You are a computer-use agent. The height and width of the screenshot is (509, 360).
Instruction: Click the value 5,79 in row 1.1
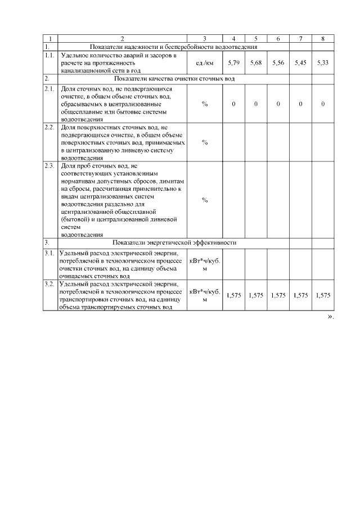(x=233, y=63)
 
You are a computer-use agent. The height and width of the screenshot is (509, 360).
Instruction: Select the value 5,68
(x=255, y=63)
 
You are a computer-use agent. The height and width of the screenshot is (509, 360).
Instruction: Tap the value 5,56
(x=278, y=63)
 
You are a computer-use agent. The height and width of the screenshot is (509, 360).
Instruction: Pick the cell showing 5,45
(x=300, y=63)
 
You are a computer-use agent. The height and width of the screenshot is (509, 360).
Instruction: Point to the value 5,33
(x=322, y=63)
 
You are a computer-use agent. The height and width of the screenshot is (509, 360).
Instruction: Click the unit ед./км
(x=205, y=63)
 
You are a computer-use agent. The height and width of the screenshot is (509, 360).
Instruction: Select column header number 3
(x=205, y=39)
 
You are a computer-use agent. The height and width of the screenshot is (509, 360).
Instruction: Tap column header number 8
(x=322, y=39)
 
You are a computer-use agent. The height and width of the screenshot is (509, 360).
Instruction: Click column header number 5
(x=255, y=39)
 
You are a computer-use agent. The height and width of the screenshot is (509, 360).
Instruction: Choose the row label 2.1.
(x=49, y=89)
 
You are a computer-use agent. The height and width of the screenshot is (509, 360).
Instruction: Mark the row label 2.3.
(x=49, y=166)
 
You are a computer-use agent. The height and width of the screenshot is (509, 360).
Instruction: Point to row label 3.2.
(x=49, y=285)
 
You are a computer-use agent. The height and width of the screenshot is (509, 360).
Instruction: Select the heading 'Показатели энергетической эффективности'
(x=174, y=242)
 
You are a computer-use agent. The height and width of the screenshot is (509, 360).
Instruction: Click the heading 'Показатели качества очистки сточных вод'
(x=174, y=79)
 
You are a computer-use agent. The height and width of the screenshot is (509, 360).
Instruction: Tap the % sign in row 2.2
(x=205, y=143)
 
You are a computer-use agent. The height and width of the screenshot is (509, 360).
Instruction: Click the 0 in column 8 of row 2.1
(x=322, y=104)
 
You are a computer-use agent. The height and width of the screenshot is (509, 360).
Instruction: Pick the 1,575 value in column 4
(x=233, y=295)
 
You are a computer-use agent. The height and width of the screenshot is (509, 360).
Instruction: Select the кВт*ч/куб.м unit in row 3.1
(x=205, y=264)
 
